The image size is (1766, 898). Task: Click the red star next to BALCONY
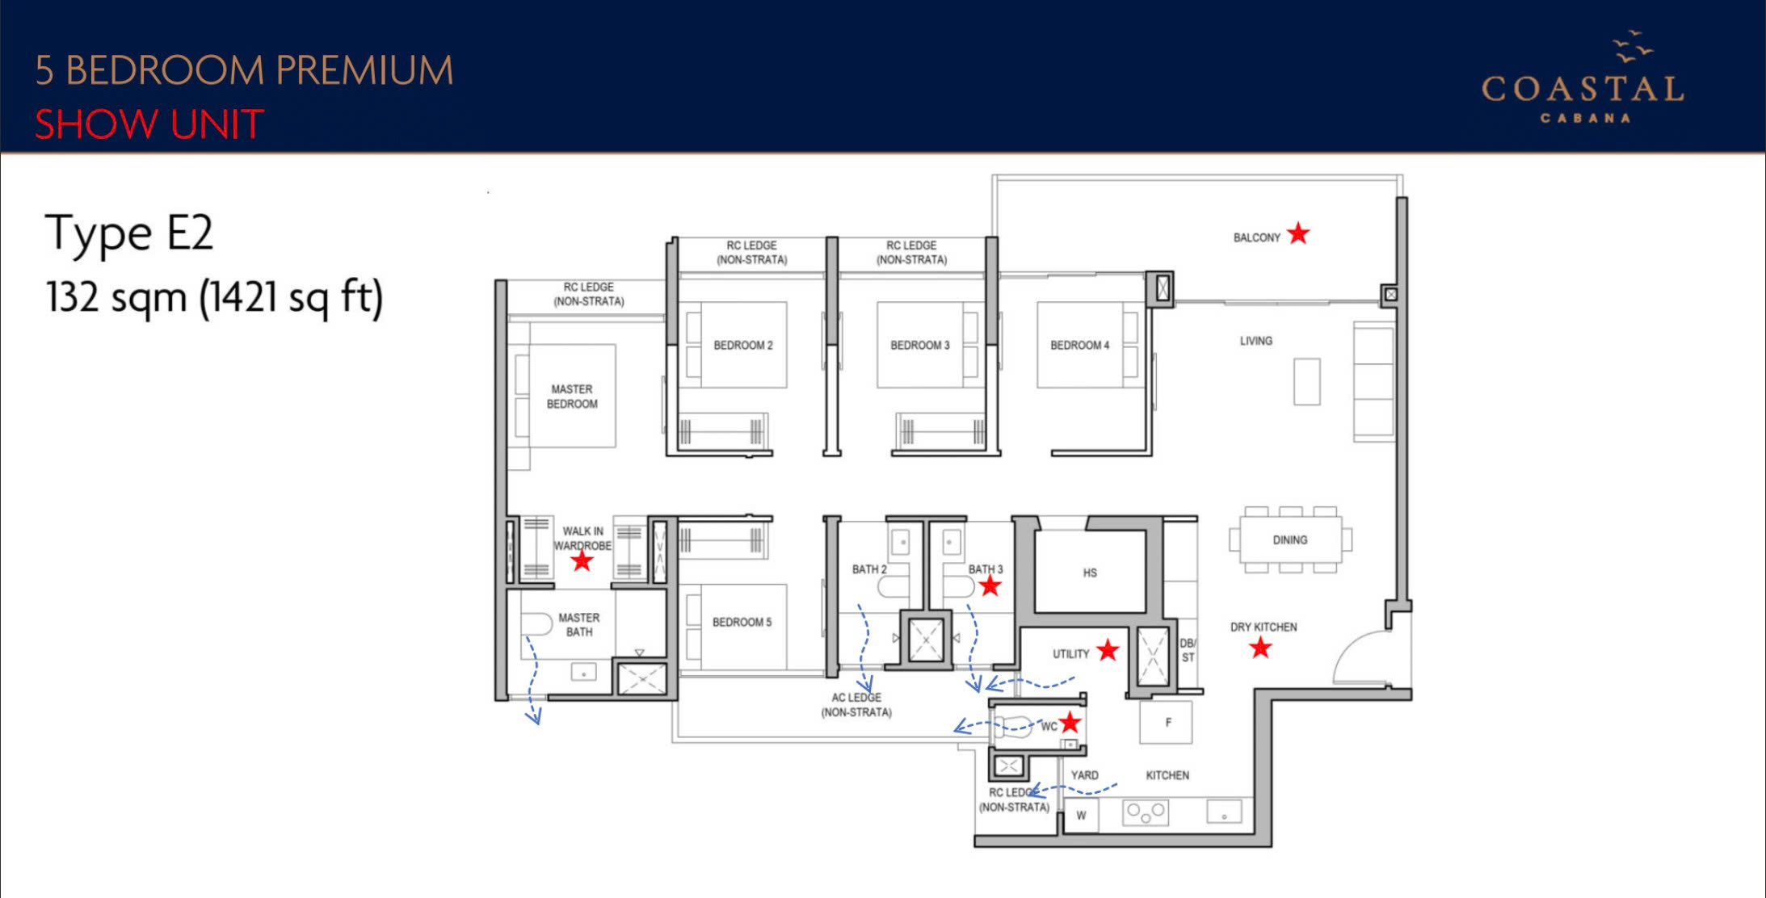tap(1298, 233)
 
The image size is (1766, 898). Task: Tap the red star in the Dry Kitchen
tap(1260, 647)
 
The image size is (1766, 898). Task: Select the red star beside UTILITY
tap(1108, 649)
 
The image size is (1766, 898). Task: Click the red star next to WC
tap(1070, 722)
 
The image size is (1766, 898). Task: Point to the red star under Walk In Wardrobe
tap(582, 560)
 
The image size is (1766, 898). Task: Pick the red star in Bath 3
tap(990, 586)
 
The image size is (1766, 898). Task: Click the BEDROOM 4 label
tap(1079, 345)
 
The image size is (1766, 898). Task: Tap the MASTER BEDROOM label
tap(572, 397)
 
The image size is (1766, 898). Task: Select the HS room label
tap(1090, 573)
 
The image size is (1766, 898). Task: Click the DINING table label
tap(1290, 539)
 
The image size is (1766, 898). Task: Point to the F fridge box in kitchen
tap(1166, 722)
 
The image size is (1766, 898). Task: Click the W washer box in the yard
tap(1082, 815)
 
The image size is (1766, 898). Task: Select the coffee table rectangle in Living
tap(1306, 381)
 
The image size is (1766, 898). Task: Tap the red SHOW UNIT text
tap(149, 124)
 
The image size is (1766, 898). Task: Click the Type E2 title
tap(128, 233)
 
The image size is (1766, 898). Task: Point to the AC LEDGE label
tap(856, 704)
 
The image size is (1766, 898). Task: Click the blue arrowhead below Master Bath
tap(533, 716)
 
